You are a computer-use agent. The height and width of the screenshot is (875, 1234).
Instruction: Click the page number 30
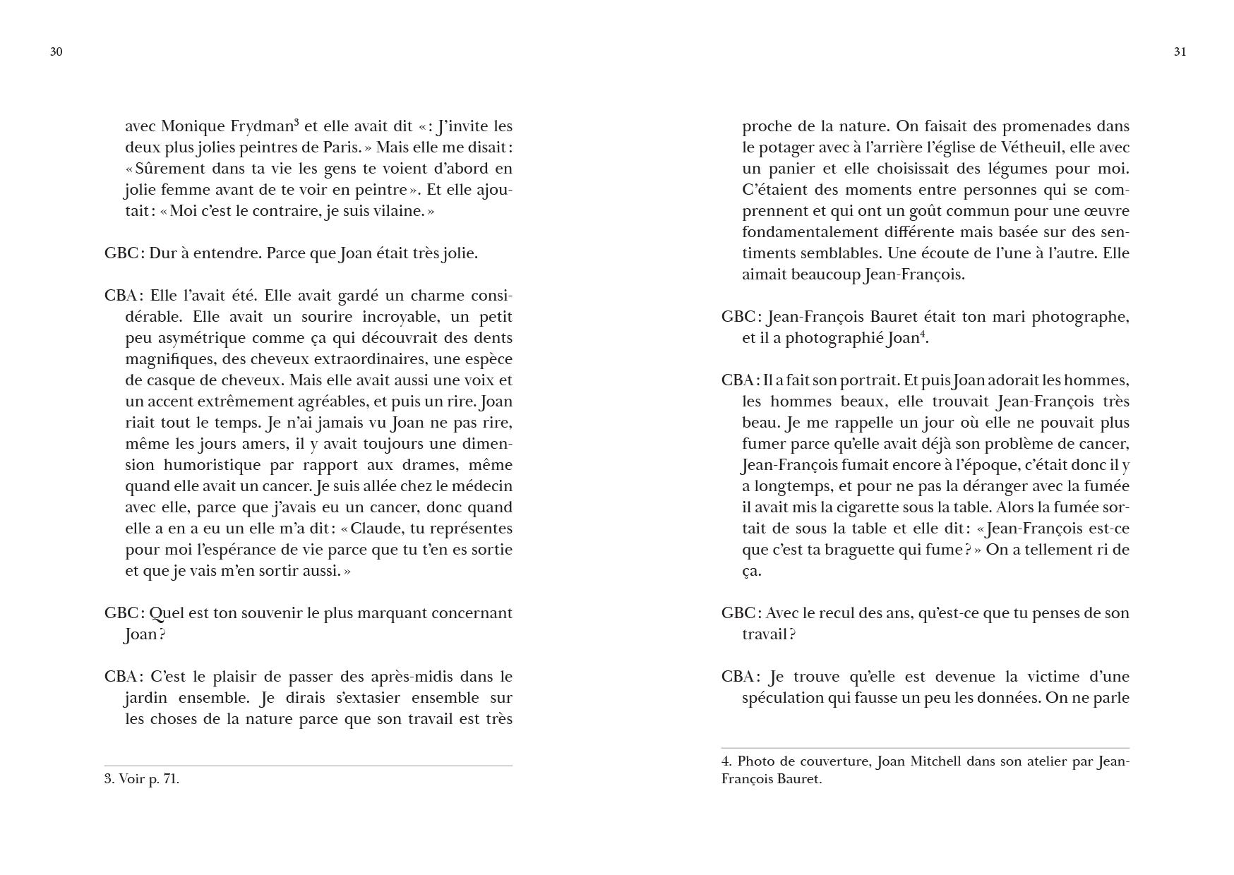(56, 52)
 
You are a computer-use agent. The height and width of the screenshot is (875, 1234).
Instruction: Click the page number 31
(1180, 52)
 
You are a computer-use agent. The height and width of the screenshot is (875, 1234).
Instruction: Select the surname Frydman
(261, 126)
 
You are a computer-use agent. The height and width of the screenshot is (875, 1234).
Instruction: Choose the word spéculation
(784, 698)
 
